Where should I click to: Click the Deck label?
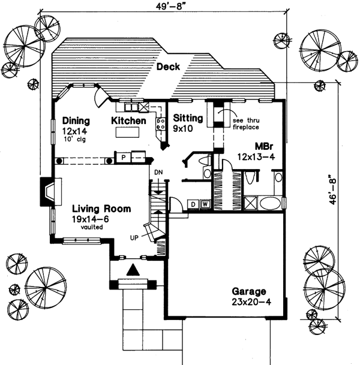[169, 67]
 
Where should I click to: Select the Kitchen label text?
[129, 120]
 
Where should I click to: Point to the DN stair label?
[158, 173]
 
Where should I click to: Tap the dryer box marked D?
[193, 204]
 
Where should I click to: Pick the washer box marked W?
[204, 204]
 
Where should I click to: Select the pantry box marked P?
[123, 157]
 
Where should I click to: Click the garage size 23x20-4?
[249, 303]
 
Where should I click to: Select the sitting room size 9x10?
[182, 128]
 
